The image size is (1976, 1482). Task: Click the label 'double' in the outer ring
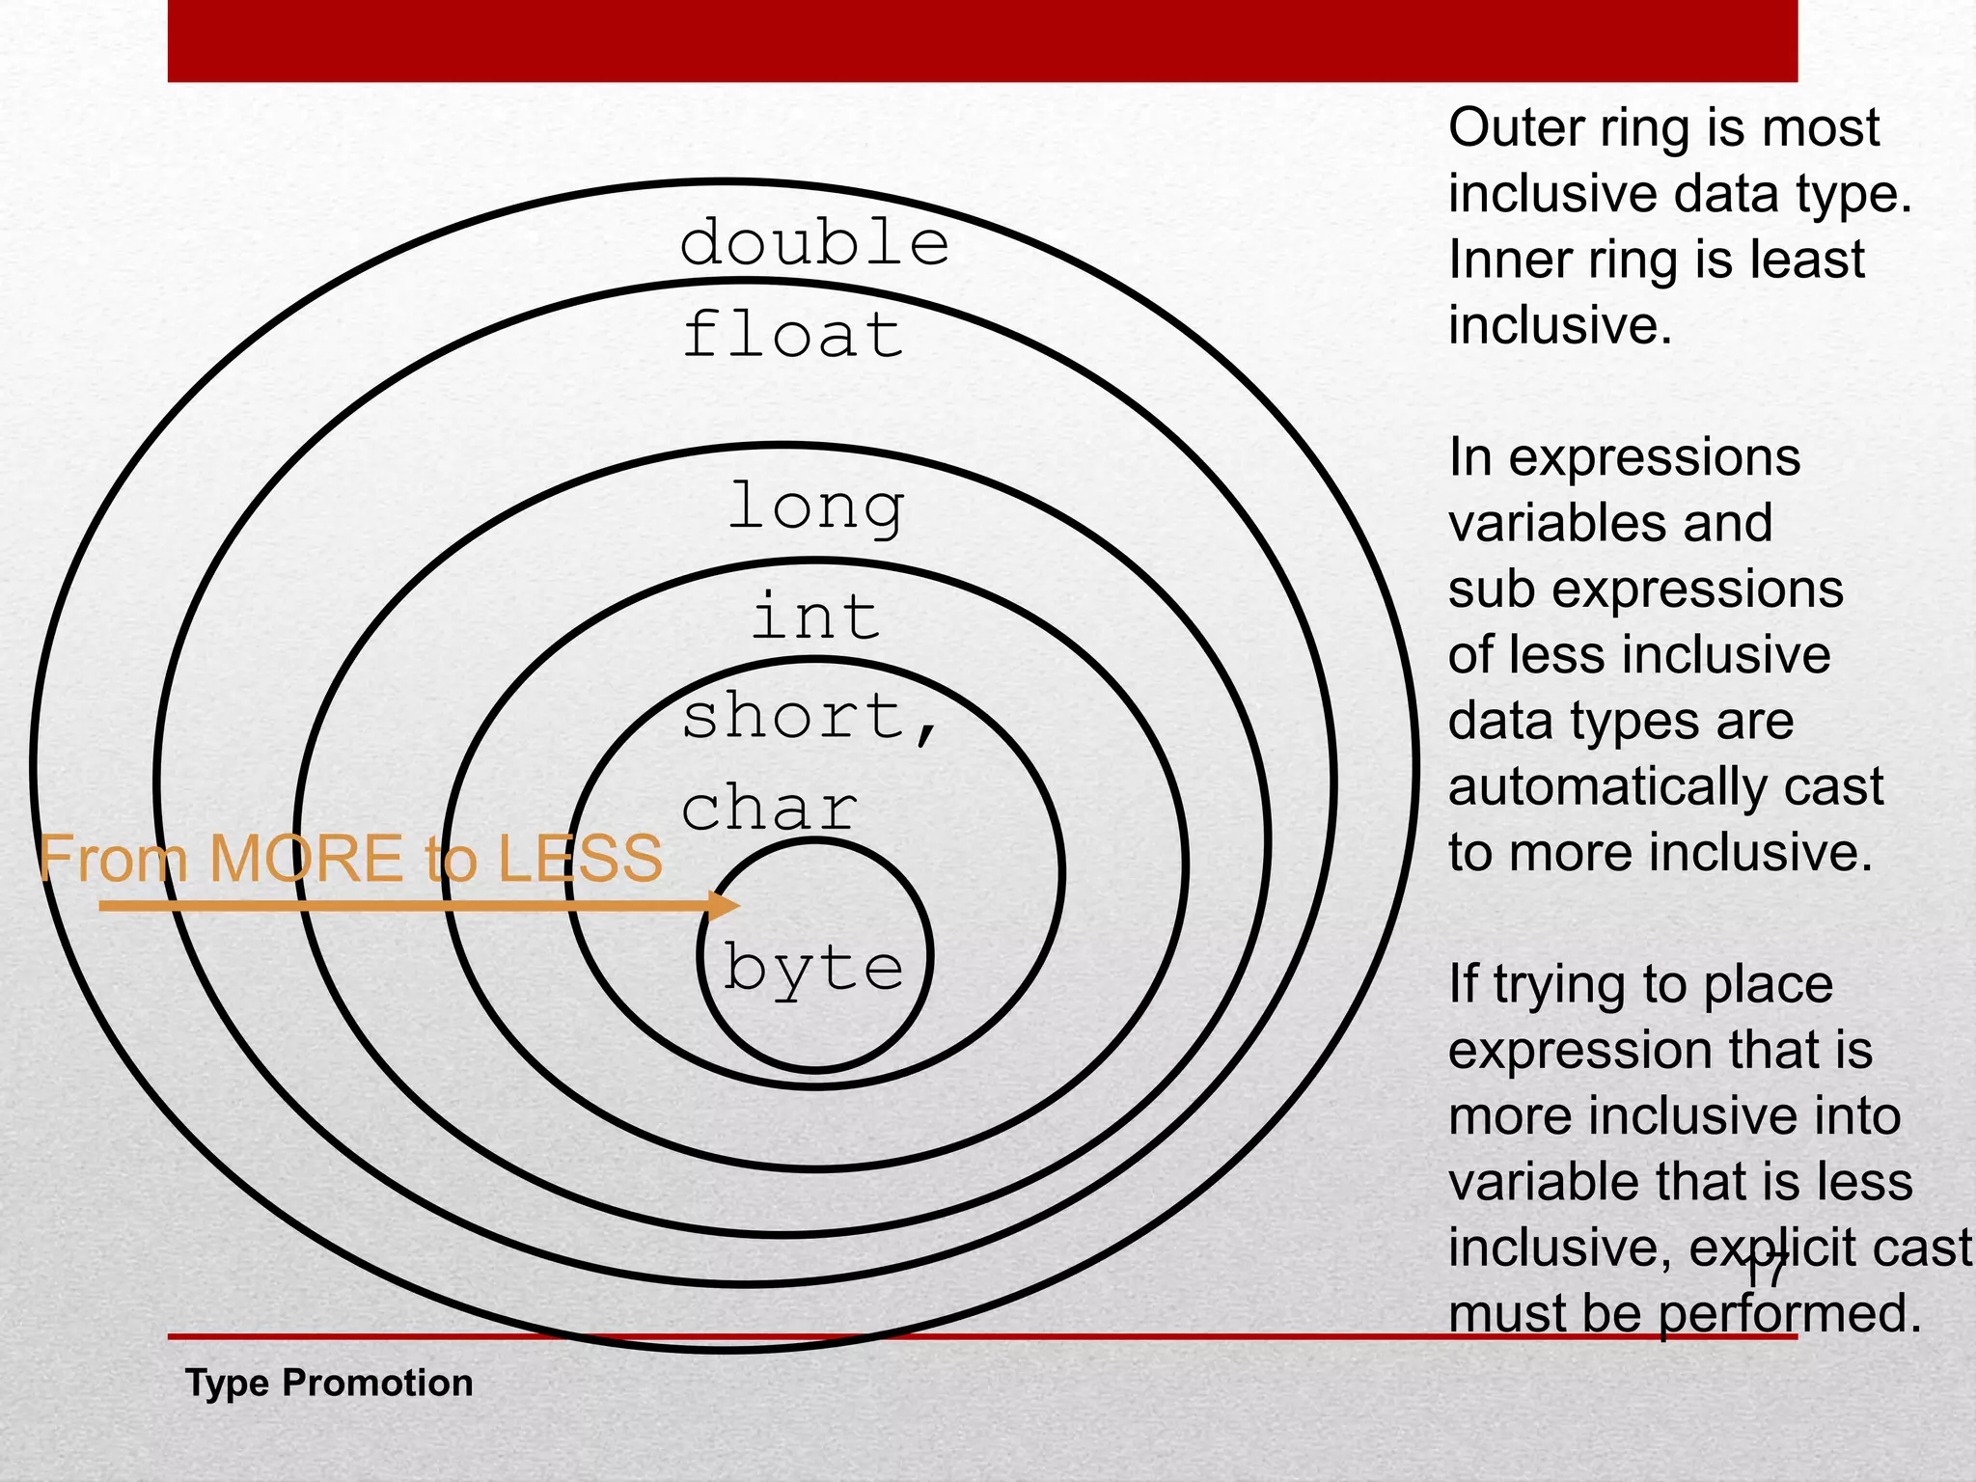pyautogui.click(x=814, y=242)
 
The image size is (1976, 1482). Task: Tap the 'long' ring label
pyautogui.click(x=816, y=506)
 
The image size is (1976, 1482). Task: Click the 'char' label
pyautogui.click(x=769, y=809)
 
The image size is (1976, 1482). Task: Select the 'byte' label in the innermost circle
pyautogui.click(x=813, y=968)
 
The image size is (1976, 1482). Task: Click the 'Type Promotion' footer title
pyautogui.click(x=329, y=1383)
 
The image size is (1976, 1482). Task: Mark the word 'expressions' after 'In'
pyautogui.click(x=1654, y=457)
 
